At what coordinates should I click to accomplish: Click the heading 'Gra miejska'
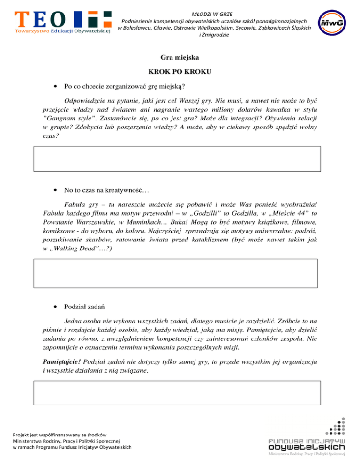click(180, 59)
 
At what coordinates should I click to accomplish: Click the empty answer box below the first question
click(177, 159)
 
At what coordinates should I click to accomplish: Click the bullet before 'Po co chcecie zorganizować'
click(56, 87)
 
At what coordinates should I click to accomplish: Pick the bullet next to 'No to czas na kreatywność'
click(56, 190)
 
